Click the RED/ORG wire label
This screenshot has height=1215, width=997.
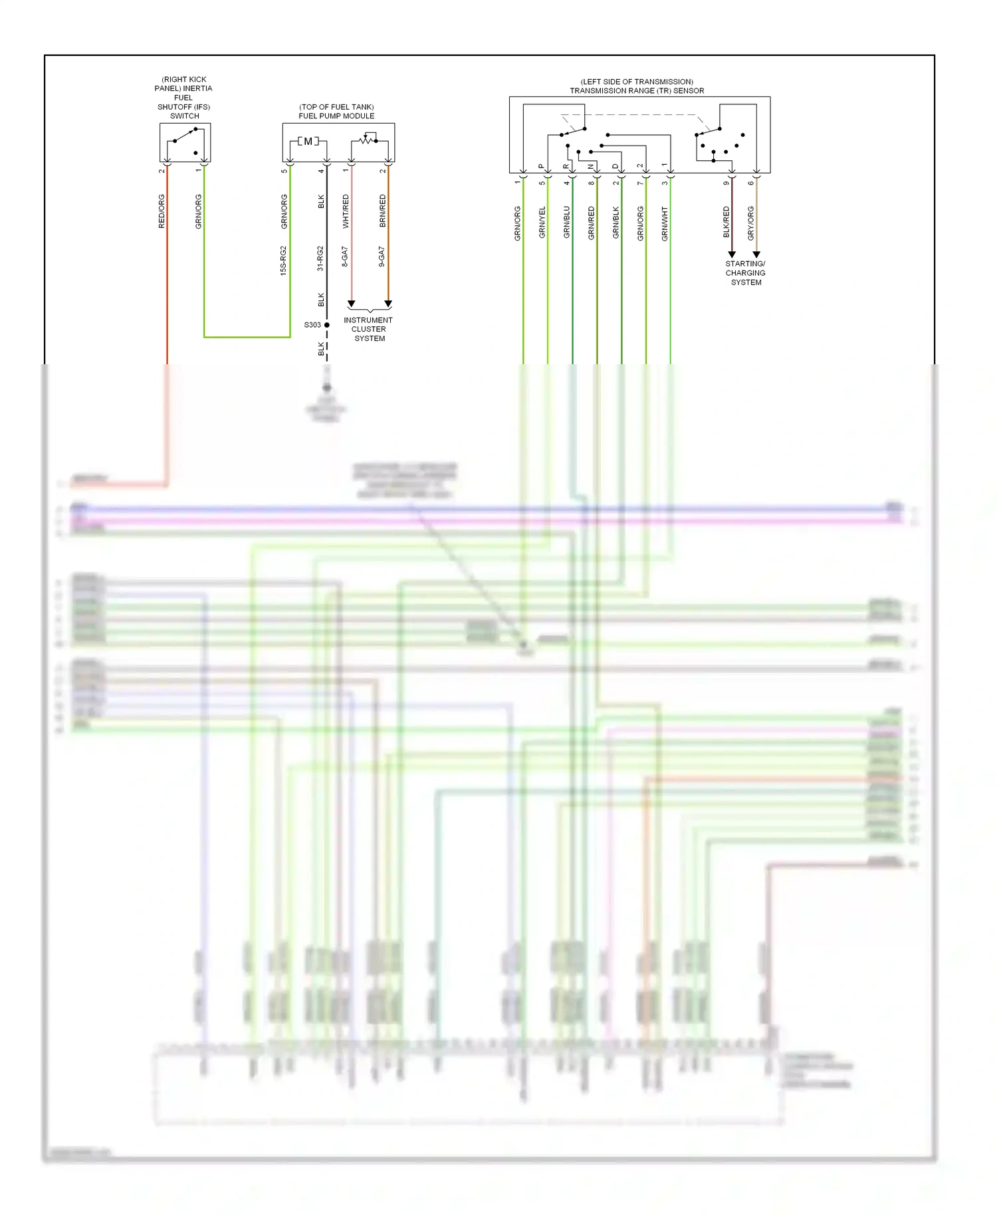[x=162, y=211]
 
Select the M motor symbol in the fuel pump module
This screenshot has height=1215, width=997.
[x=308, y=142]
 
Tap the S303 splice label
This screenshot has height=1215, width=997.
[x=312, y=325]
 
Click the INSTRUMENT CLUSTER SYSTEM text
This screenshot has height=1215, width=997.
[x=369, y=329]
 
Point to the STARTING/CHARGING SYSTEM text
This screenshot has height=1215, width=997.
[x=745, y=273]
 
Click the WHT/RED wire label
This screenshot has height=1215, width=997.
[x=346, y=211]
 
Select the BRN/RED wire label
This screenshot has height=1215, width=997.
[x=382, y=211]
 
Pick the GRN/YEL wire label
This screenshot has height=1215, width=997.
[x=542, y=223]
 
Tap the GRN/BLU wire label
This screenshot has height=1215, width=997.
[x=566, y=223]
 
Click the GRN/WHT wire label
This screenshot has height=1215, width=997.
[x=665, y=223]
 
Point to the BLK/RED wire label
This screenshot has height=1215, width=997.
[x=726, y=223]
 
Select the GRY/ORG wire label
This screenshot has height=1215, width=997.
[x=750, y=223]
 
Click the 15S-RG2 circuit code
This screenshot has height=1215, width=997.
[x=283, y=261]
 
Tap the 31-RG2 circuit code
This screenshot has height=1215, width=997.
[x=320, y=259]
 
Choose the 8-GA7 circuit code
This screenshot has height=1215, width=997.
[x=345, y=257]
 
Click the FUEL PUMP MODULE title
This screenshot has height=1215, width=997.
[x=336, y=116]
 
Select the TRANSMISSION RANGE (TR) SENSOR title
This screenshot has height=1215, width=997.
[x=637, y=90]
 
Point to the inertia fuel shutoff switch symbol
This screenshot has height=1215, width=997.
[x=185, y=141]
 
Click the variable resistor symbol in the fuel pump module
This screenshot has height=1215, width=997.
[x=367, y=140]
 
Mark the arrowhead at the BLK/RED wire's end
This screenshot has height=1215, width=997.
[x=732, y=255]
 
